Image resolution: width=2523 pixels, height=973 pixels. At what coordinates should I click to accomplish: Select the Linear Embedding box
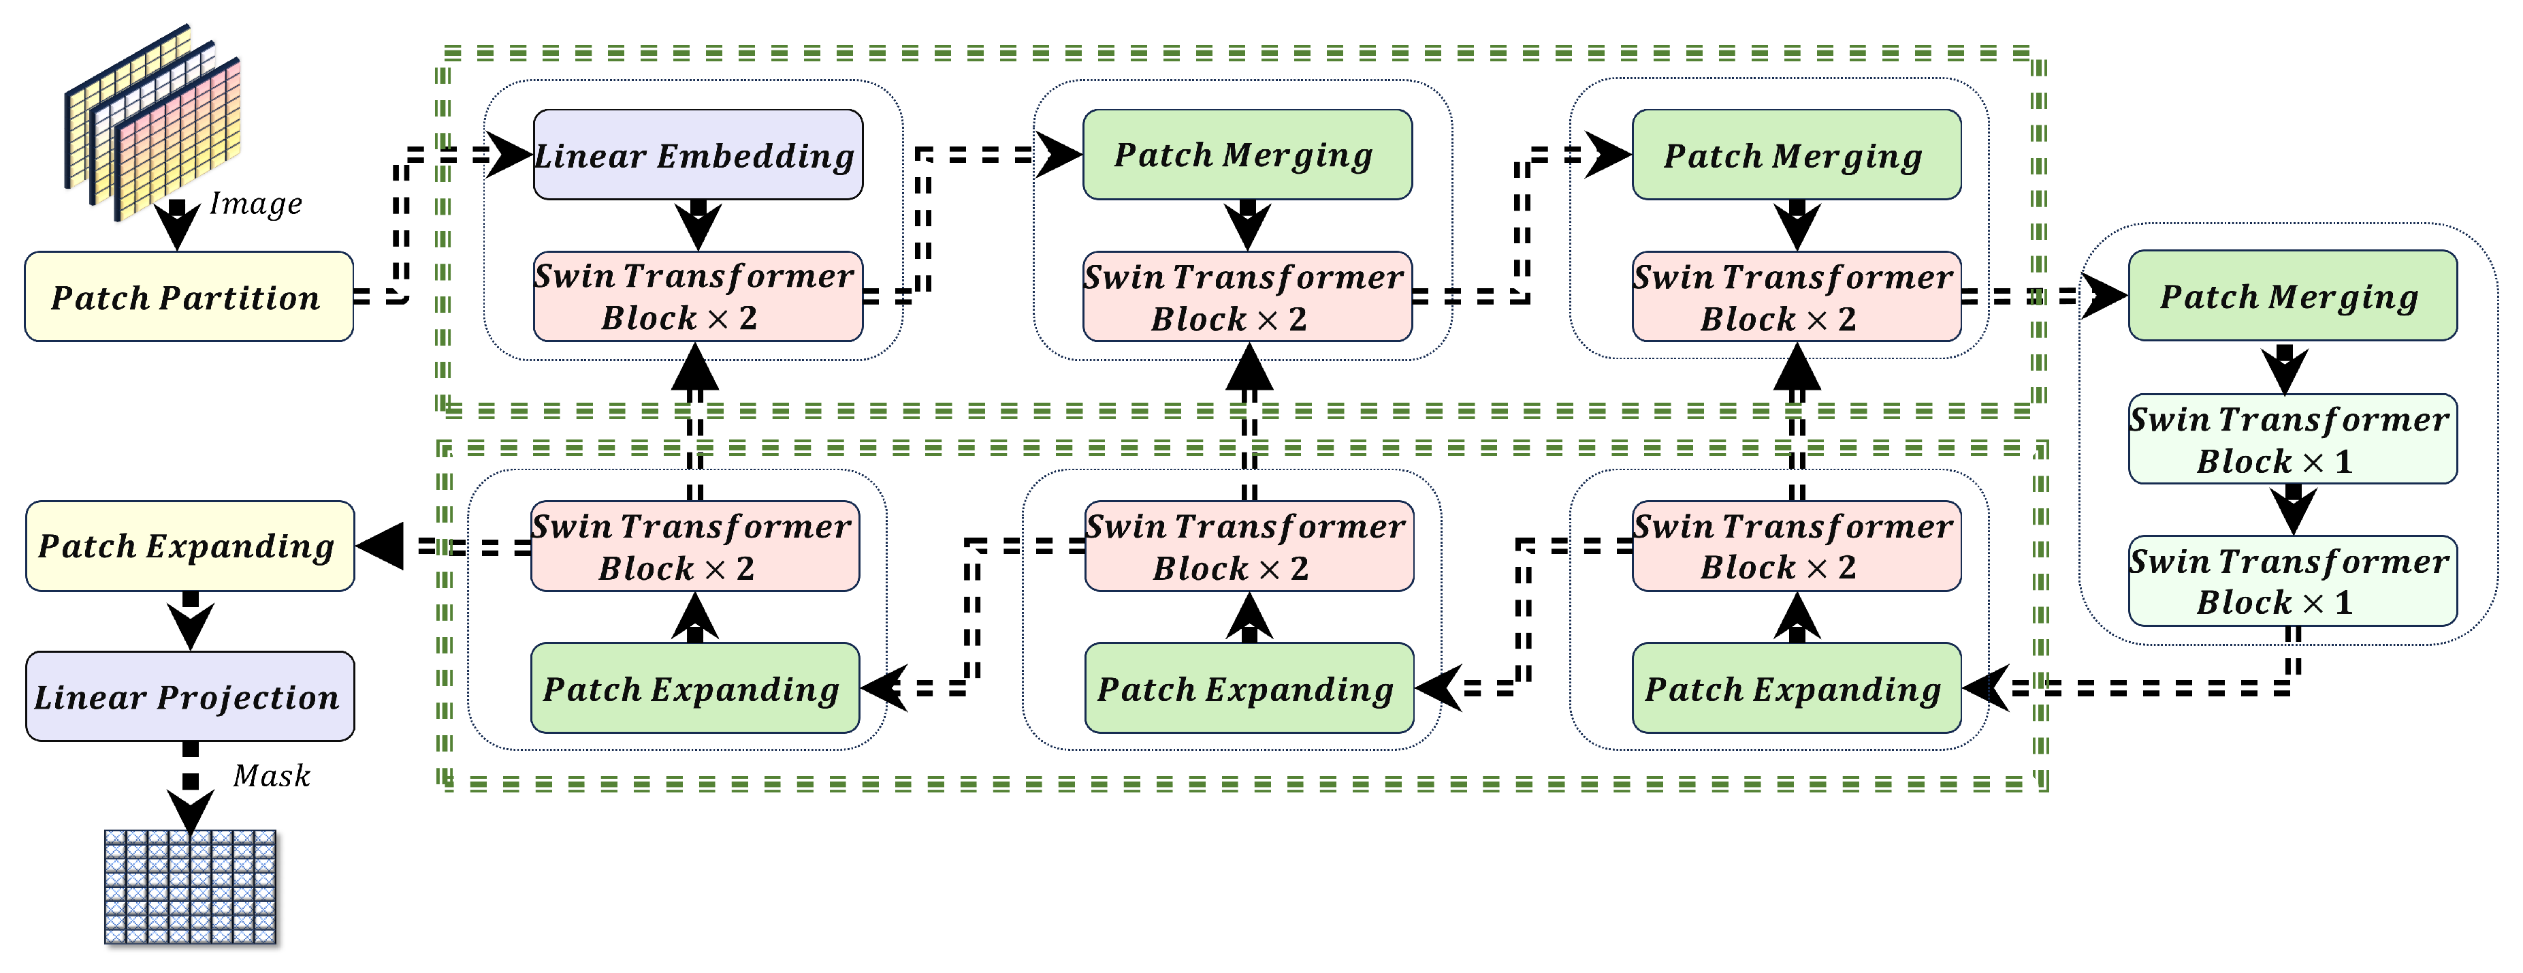pyautogui.click(x=697, y=155)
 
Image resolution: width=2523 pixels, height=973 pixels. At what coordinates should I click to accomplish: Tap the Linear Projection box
pyautogui.click(x=190, y=696)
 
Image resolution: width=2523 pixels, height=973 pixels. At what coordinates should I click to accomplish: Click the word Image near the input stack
pyautogui.click(x=255, y=203)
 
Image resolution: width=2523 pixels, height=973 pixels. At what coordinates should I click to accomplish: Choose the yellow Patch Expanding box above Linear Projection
pyautogui.click(x=190, y=546)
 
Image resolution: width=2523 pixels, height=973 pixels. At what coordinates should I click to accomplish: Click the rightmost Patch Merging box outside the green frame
pyautogui.click(x=2292, y=296)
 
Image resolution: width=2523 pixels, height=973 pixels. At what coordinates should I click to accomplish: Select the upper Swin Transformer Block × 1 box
pyautogui.click(x=2292, y=439)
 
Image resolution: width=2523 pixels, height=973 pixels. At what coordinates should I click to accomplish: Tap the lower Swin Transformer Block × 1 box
pyautogui.click(x=2292, y=580)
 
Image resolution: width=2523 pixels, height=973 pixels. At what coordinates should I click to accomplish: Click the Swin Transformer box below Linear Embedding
pyautogui.click(x=697, y=296)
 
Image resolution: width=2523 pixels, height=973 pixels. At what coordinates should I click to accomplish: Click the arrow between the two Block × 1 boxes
pyautogui.click(x=2292, y=510)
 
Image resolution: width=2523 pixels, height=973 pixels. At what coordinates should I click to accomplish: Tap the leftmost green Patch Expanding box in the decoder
pyautogui.click(x=694, y=688)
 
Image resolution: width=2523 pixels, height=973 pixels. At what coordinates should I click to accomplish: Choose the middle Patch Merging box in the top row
pyautogui.click(x=1247, y=155)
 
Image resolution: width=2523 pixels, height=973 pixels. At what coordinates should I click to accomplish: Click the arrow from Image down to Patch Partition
pyautogui.click(x=177, y=224)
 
